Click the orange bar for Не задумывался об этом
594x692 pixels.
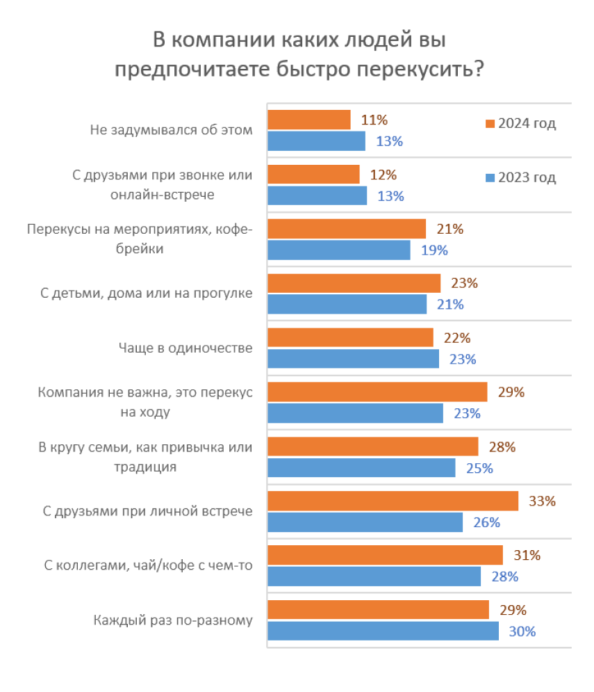(x=309, y=120)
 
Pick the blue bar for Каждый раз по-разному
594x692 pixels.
(x=383, y=631)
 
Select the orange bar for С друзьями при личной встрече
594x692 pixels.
(x=393, y=501)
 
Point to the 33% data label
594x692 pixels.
(x=543, y=501)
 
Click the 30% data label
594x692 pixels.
(x=522, y=631)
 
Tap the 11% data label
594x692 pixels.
(x=374, y=120)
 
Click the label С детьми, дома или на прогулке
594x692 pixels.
(x=145, y=293)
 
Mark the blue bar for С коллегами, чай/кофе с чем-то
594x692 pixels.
(x=374, y=577)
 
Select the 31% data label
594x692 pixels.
(x=527, y=555)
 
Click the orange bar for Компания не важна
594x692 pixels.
(x=377, y=392)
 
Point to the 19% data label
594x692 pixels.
(x=434, y=250)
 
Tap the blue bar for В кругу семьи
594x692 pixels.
(x=361, y=468)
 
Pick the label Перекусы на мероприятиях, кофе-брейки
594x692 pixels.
(x=139, y=239)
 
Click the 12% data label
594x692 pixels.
(x=383, y=175)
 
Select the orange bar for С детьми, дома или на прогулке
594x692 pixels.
(x=354, y=283)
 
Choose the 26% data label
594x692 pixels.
(x=486, y=522)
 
